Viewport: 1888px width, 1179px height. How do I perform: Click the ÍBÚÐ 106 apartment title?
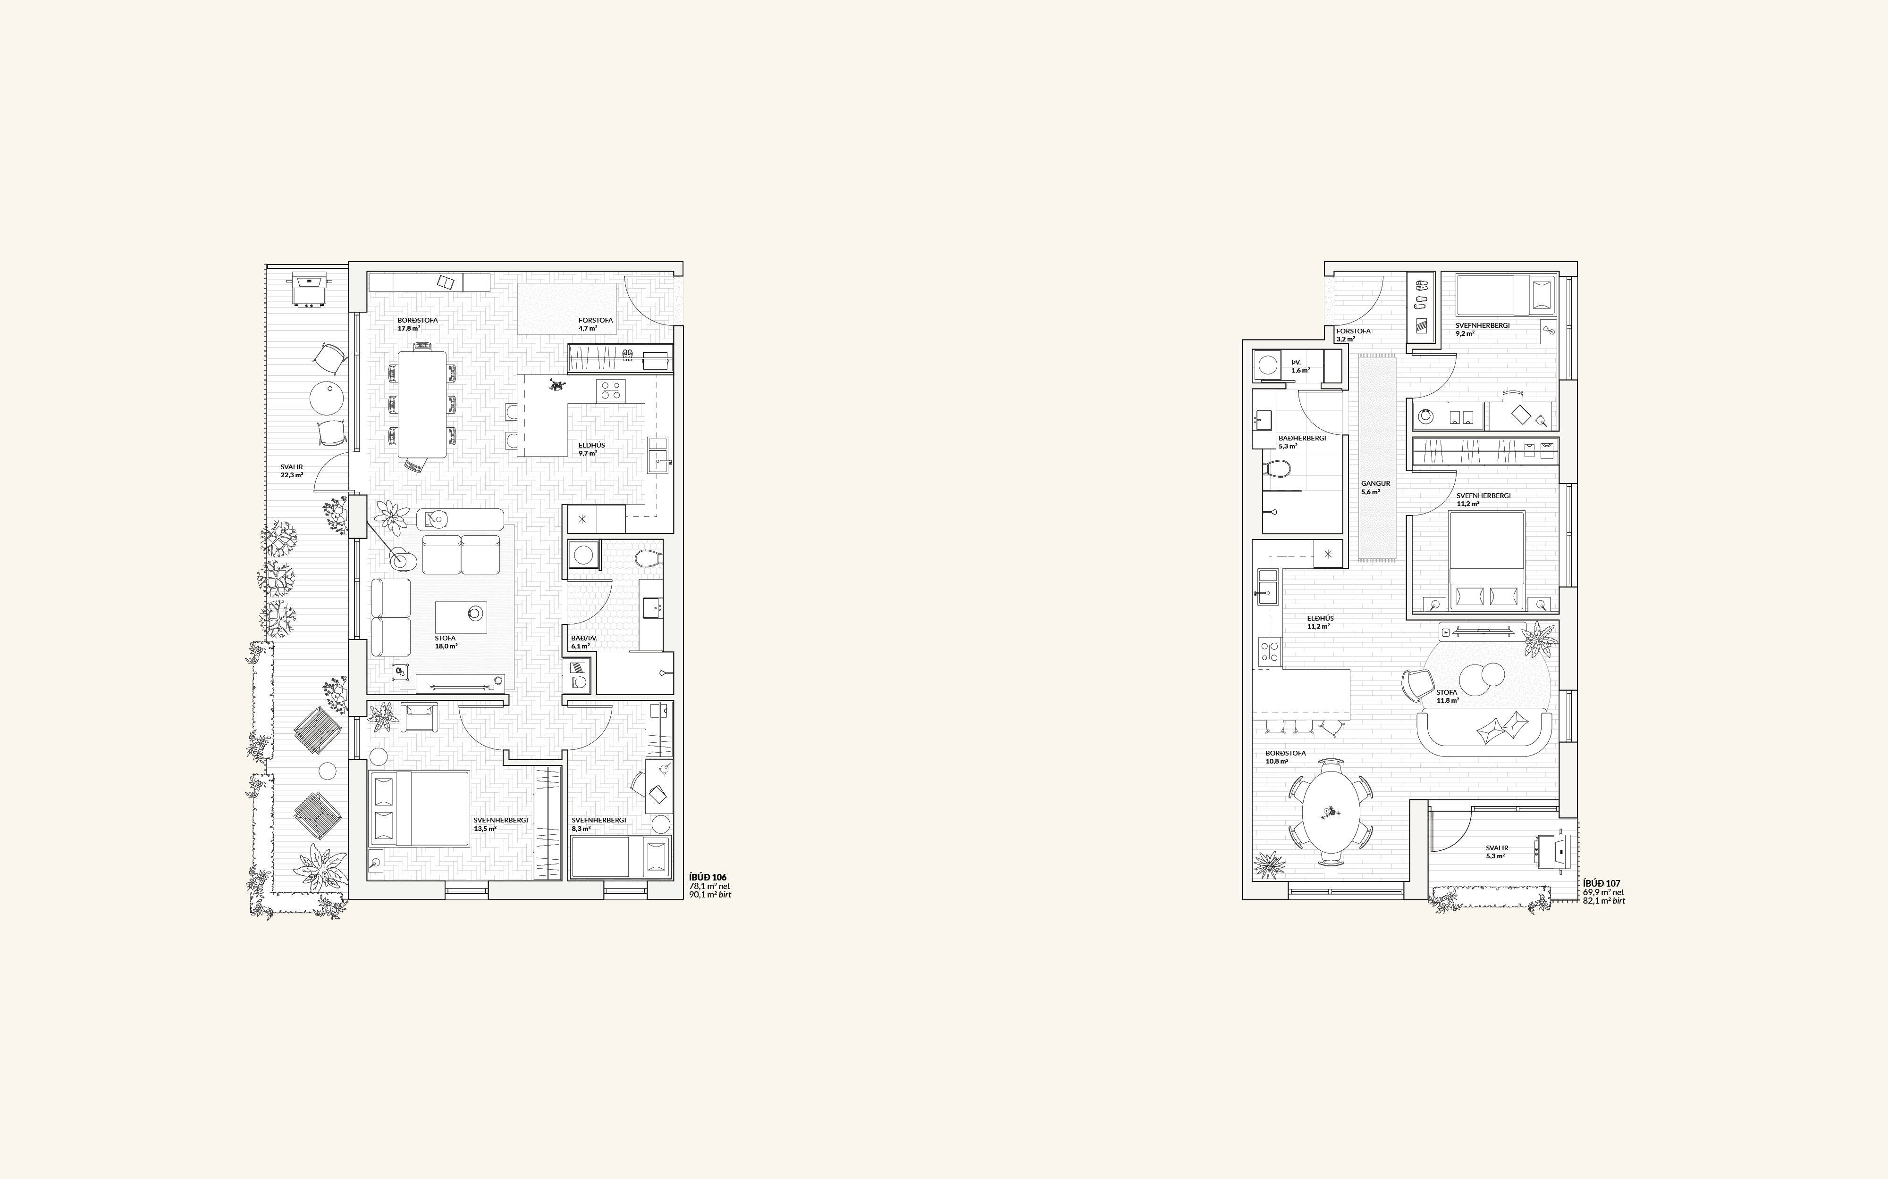[x=708, y=877]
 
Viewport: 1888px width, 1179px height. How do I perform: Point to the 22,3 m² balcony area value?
[x=292, y=475]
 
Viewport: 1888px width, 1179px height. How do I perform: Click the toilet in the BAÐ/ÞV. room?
[x=649, y=558]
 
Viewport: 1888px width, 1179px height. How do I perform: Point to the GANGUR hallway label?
[x=1375, y=483]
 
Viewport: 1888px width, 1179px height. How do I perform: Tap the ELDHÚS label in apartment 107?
[x=1321, y=618]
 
